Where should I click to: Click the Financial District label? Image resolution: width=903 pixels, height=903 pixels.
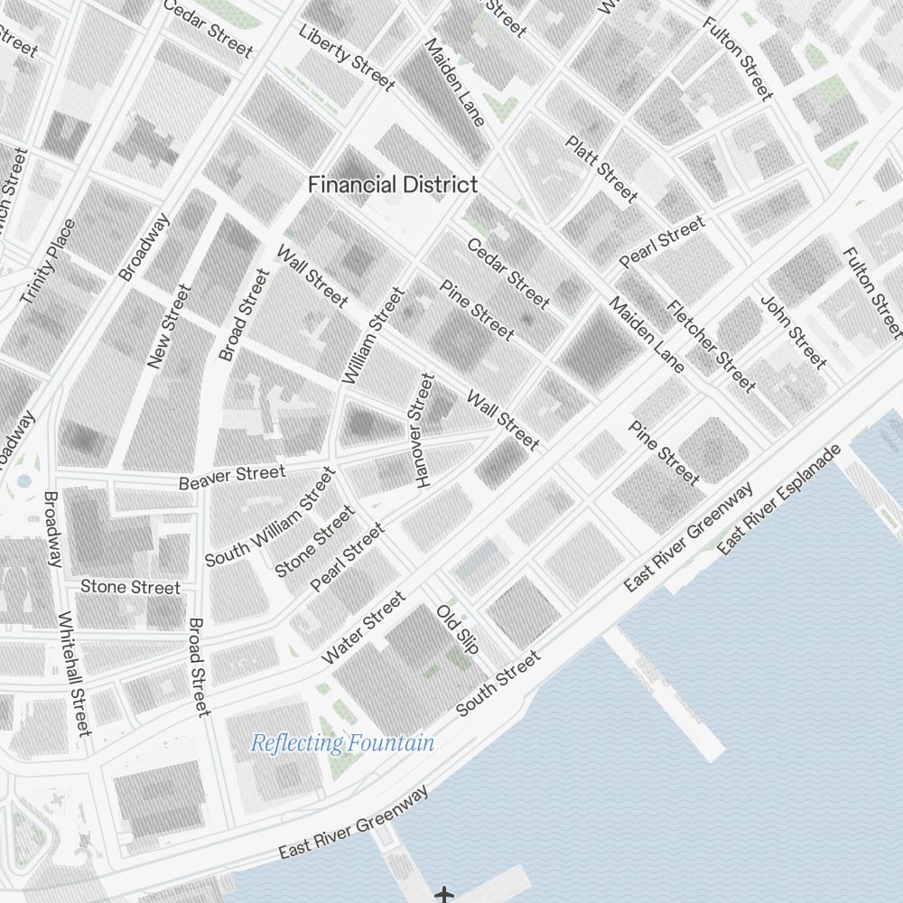coord(393,185)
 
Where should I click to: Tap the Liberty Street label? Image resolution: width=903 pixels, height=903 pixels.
coord(347,57)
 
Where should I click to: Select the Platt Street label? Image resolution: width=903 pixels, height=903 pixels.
coord(601,169)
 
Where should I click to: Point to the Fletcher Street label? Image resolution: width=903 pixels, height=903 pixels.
coord(711,346)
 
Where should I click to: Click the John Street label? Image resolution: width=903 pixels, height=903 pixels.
coord(794,331)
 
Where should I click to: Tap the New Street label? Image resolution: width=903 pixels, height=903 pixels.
coord(170,326)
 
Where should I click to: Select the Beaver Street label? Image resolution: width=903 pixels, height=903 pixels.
coord(232,477)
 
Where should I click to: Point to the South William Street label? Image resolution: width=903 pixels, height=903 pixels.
coord(270,517)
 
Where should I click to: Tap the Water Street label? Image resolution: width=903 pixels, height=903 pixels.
coord(363,628)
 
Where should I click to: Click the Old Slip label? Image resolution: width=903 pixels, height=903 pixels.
coord(457,628)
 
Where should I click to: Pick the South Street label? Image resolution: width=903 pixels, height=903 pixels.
coord(498,684)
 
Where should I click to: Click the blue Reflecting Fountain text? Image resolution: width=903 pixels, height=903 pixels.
coord(342,744)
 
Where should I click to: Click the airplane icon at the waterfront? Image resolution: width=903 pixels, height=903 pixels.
coord(443,895)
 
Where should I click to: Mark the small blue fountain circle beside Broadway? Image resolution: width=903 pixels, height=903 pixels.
coord(24,480)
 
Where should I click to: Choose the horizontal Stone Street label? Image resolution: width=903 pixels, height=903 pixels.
coord(131,587)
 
